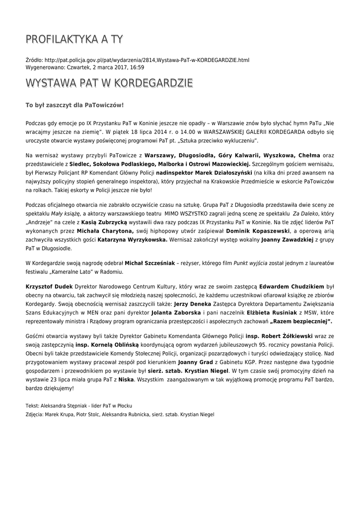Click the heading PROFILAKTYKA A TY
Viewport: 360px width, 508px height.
click(x=74, y=39)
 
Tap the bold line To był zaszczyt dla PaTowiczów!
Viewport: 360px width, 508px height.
click(x=74, y=105)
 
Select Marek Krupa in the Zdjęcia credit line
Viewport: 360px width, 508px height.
click(x=59, y=413)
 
